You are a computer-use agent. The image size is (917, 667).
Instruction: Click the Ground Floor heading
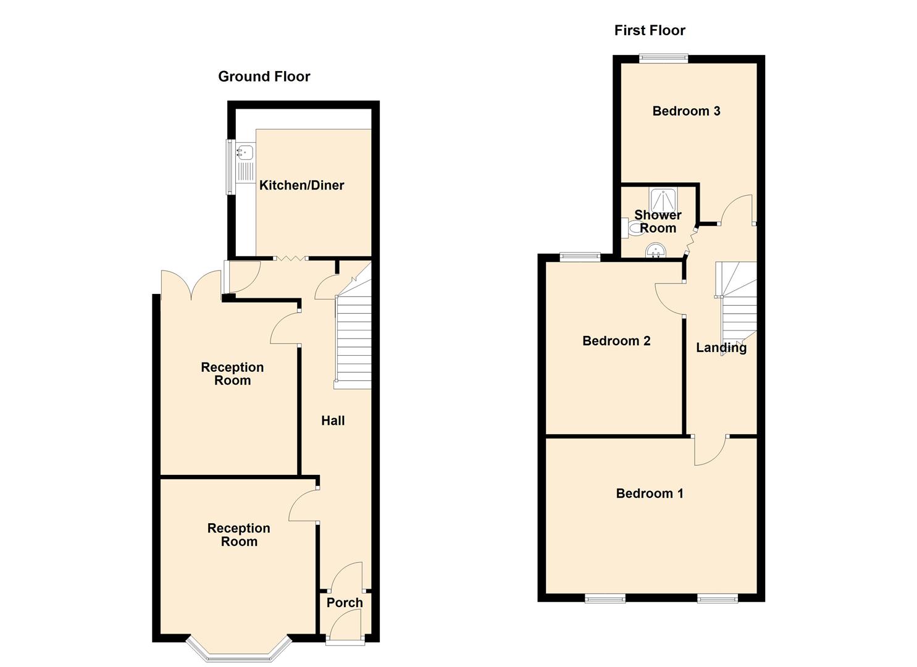point(264,77)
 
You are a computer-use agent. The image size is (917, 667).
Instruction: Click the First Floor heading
point(650,30)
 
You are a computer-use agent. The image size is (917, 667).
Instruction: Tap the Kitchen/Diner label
point(301,185)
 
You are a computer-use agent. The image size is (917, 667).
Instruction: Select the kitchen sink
point(245,151)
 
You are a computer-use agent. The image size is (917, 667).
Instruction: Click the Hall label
point(333,421)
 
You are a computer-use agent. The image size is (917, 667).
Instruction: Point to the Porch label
point(345,603)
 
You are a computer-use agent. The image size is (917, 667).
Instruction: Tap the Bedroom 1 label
point(650,493)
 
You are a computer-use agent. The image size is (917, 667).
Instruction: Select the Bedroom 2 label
point(616,341)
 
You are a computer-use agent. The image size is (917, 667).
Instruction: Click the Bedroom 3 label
point(686,111)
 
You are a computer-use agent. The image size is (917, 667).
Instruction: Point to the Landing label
point(721,348)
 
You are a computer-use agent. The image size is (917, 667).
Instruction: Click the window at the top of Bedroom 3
point(663,59)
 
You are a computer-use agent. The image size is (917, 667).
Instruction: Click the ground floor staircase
point(353,340)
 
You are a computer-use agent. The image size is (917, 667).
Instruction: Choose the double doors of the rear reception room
point(191,285)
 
